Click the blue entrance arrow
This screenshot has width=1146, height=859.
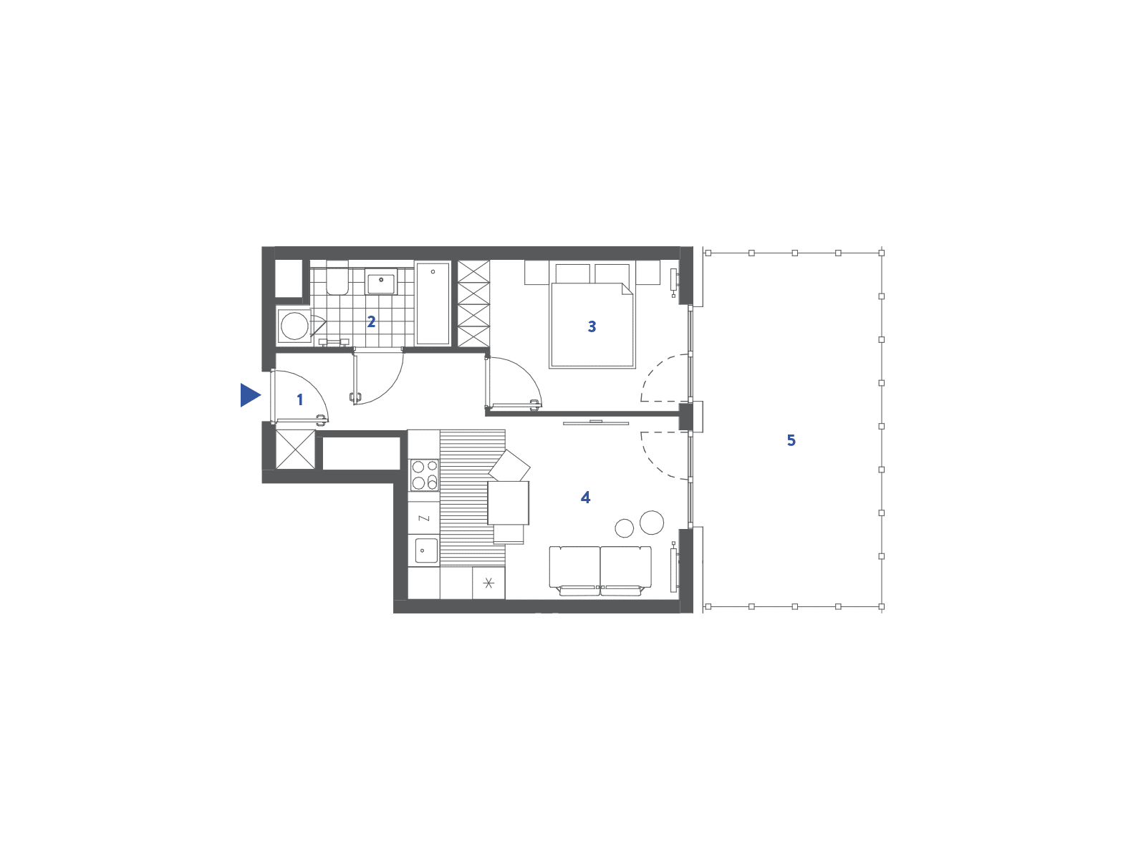tap(249, 395)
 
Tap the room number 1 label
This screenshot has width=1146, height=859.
tap(299, 399)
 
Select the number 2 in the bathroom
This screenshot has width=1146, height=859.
tap(371, 322)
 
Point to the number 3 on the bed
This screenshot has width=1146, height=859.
tap(592, 326)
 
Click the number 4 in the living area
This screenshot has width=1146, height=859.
tap(585, 498)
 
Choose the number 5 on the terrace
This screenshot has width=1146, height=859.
tap(791, 441)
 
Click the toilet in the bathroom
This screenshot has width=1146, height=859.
tap(337, 281)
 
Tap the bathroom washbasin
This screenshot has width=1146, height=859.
tap(380, 281)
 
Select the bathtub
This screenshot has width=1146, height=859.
tap(433, 303)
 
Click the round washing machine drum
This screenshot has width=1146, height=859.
tap(294, 326)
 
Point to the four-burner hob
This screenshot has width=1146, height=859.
tap(425, 475)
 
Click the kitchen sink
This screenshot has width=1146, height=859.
tap(426, 550)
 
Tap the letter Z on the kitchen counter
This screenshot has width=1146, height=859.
tap(424, 518)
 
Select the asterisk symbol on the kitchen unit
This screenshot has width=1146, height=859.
tap(488, 583)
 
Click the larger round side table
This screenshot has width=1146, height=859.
tap(652, 522)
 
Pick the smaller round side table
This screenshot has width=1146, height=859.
tap(625, 528)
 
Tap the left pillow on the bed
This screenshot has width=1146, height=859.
tap(573, 273)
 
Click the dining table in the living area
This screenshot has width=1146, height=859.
tap(508, 503)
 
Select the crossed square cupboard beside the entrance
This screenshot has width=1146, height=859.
tap(295, 449)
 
